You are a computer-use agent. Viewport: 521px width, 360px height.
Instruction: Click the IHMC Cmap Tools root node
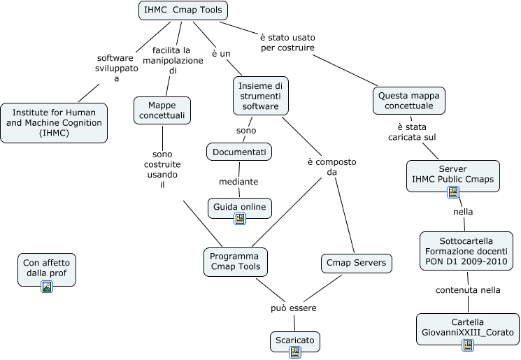click(183, 10)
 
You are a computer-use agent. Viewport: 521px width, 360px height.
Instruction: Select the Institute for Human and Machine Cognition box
click(54, 123)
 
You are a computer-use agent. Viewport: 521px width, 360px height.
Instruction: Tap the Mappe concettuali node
click(162, 110)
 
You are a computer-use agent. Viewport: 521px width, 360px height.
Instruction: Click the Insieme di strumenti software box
click(260, 96)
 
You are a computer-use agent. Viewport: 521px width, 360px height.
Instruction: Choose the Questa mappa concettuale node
click(408, 101)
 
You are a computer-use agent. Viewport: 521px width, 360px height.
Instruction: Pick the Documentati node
click(239, 151)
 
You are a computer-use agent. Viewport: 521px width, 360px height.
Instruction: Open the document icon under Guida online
click(240, 219)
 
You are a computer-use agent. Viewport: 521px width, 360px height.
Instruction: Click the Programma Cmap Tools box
click(235, 261)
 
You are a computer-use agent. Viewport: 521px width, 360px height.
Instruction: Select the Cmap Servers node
click(356, 264)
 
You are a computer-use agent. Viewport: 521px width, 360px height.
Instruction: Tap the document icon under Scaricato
click(294, 352)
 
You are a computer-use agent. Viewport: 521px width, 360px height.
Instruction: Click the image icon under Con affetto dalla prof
click(46, 286)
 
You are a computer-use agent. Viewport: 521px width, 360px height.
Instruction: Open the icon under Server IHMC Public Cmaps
click(452, 192)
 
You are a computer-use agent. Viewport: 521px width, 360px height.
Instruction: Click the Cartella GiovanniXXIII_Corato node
click(467, 328)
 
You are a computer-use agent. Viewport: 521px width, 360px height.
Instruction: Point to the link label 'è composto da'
click(331, 167)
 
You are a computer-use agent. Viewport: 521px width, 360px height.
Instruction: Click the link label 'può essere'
click(294, 308)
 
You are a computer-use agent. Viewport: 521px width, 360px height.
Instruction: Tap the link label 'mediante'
click(238, 182)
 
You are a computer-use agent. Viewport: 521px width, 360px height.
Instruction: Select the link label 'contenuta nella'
click(467, 289)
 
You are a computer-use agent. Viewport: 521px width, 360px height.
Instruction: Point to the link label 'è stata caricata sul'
click(412, 132)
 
